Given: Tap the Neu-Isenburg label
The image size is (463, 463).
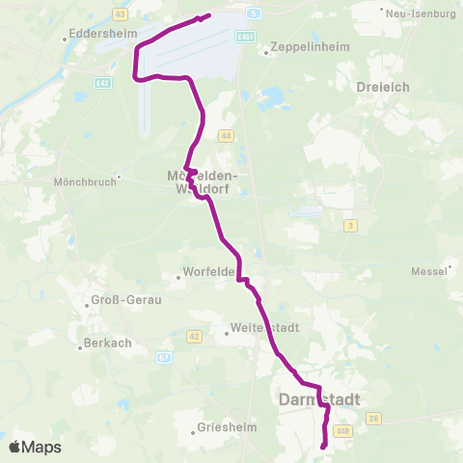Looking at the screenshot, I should coord(421,15).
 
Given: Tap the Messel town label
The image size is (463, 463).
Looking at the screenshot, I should coord(430,271).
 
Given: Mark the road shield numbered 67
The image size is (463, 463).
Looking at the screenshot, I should coord(164,357).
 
